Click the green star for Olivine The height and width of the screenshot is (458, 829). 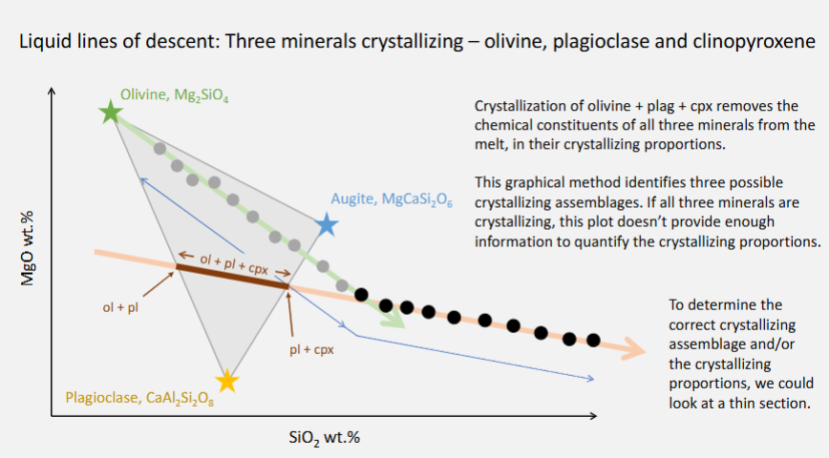coord(111,113)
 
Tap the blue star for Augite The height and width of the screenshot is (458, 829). coord(327,225)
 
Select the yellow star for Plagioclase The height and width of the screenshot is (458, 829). coord(226,381)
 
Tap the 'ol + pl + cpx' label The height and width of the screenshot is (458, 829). coord(232,262)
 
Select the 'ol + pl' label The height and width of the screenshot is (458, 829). coord(120,307)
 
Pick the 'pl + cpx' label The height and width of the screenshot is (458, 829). coord(311,349)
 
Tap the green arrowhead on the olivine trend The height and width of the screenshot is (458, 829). coord(398,322)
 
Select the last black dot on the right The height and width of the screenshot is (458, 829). coord(593,340)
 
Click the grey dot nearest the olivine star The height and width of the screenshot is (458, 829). coord(160,149)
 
